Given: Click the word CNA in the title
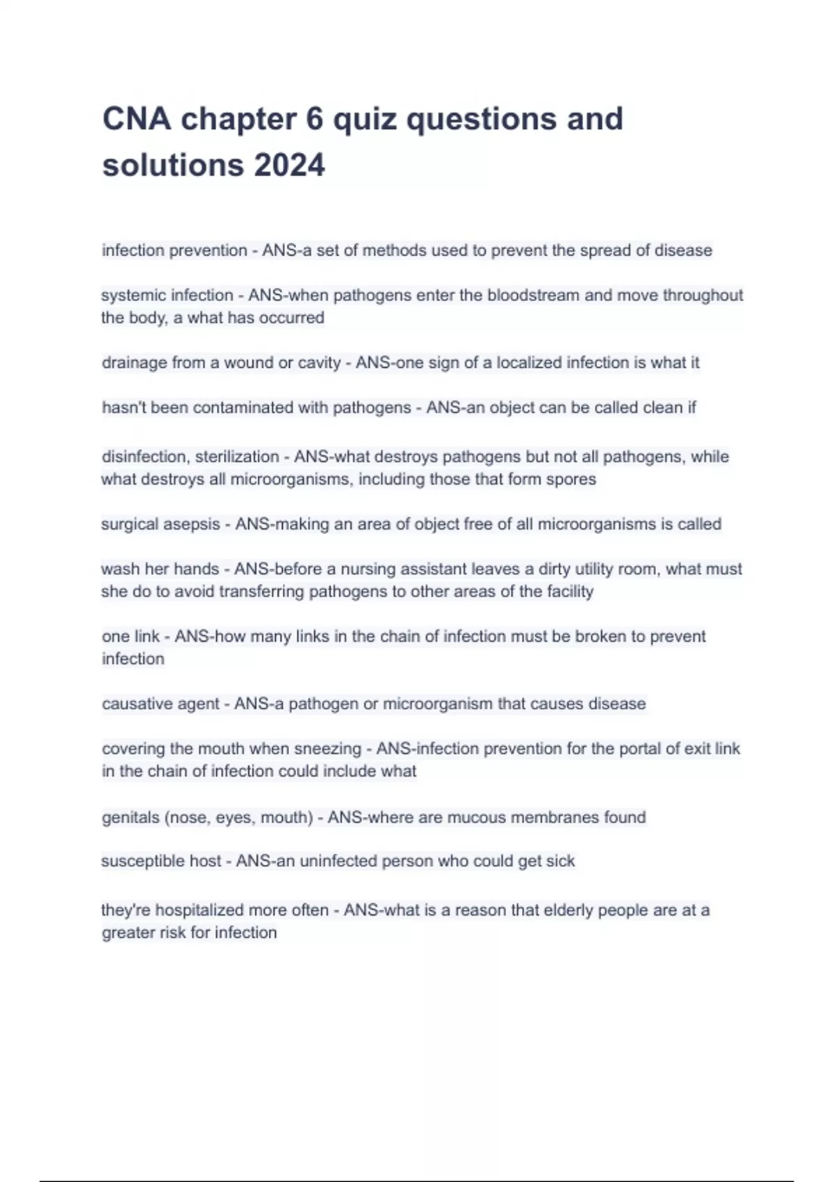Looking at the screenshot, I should [137, 119].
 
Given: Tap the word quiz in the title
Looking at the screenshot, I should [364, 119].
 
